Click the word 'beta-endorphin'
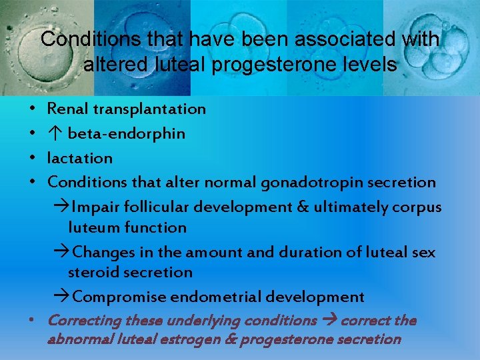click(126, 133)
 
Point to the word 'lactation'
click(80, 159)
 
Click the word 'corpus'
click(417, 207)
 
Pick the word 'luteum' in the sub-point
click(91, 228)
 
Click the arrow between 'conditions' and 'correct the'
click(328, 321)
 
